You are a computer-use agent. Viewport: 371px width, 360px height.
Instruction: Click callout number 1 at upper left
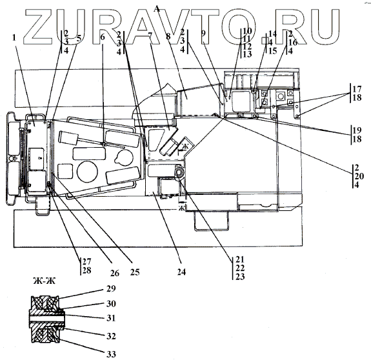(14, 37)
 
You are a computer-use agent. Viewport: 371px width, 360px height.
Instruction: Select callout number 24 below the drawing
(181, 272)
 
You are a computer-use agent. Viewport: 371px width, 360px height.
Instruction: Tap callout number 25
(135, 272)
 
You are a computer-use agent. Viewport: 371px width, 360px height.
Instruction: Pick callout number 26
(115, 273)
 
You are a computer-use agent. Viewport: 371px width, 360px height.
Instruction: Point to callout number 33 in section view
(111, 354)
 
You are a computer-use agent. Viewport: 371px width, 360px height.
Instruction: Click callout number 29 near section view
(111, 288)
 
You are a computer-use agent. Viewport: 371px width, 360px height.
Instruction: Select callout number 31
(111, 318)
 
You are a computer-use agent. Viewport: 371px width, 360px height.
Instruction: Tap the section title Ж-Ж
(45, 281)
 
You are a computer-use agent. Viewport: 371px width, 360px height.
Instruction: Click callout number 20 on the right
(359, 176)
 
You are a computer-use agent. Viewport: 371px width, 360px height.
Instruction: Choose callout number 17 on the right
(357, 89)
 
